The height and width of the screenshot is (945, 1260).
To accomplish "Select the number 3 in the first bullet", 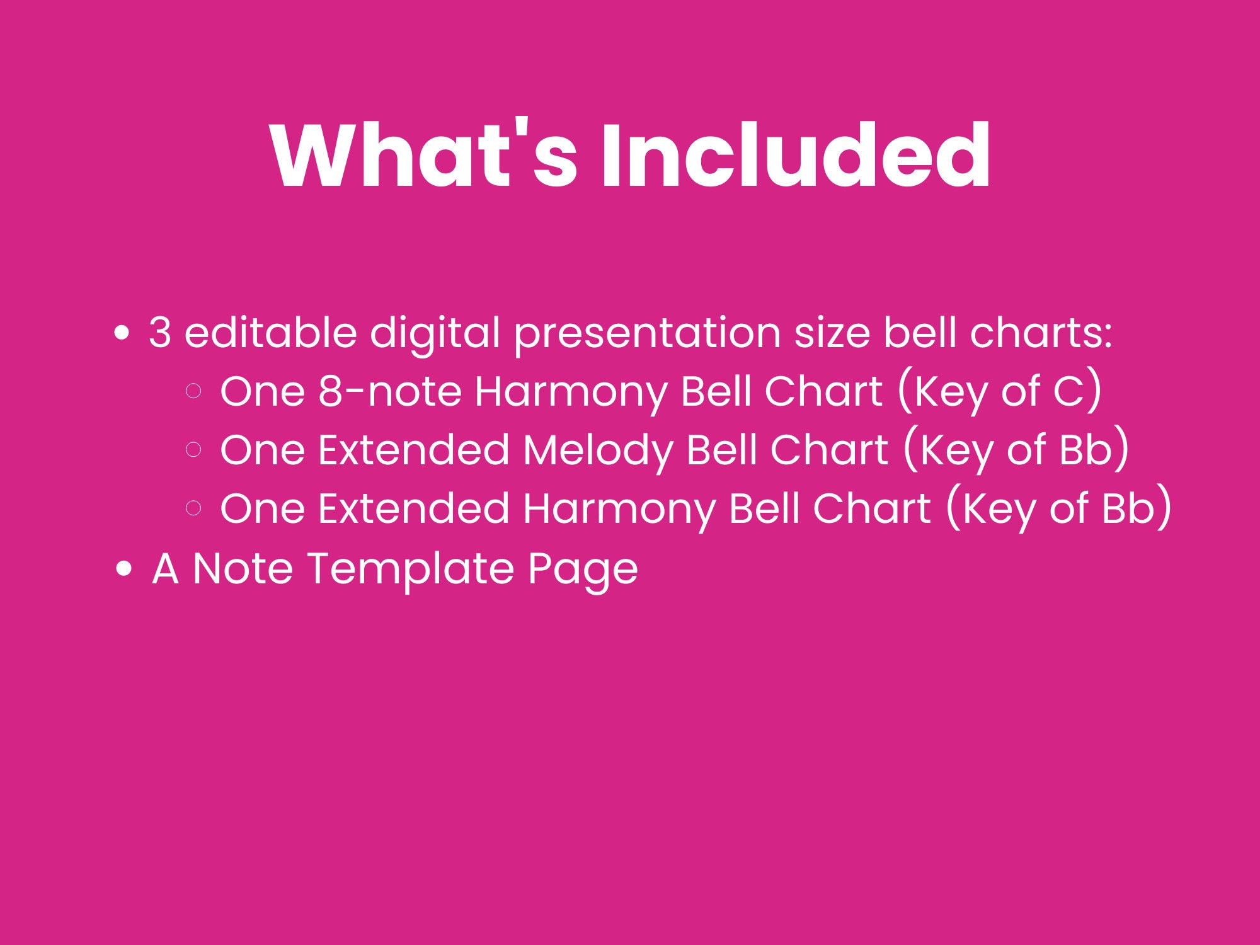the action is [160, 333].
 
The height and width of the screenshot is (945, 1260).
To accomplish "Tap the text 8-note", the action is [390, 391].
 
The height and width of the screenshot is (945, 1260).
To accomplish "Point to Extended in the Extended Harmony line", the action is [414, 508].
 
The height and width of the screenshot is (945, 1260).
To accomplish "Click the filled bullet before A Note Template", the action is [125, 568].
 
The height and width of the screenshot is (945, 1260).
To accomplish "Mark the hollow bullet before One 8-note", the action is [194, 391].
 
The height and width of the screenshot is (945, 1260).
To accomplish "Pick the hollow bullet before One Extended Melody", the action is [194, 449].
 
